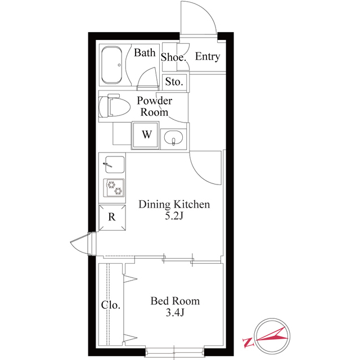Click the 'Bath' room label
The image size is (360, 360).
[145, 53]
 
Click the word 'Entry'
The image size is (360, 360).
[207, 57]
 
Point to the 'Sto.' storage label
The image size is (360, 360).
[174, 82]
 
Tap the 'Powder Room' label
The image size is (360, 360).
[155, 106]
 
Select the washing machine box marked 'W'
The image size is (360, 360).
[146, 135]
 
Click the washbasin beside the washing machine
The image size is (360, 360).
[174, 138]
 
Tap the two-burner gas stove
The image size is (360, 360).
[114, 187]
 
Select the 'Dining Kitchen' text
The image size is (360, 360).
[174, 204]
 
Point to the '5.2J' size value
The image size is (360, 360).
[174, 217]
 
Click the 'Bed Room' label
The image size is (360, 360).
[175, 301]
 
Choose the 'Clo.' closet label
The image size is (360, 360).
[110, 305]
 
